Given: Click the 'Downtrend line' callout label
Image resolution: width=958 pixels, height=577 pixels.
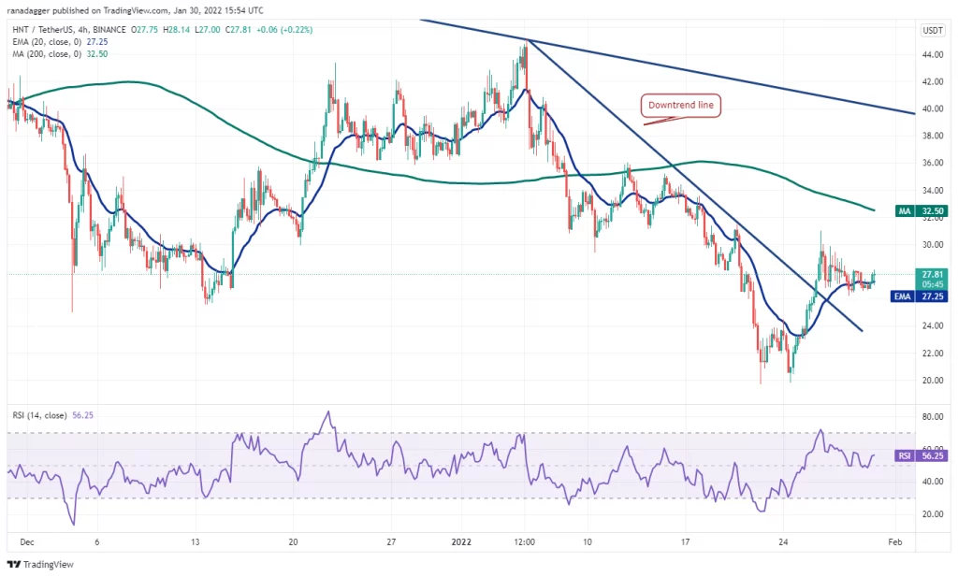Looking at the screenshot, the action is pos(681,105).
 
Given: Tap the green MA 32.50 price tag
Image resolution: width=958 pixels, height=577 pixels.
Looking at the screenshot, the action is pos(922,211).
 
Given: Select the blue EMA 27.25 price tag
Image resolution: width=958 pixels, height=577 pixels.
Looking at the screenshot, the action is pos(921,296).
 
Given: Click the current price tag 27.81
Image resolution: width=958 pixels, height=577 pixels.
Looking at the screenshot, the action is pos(933,275).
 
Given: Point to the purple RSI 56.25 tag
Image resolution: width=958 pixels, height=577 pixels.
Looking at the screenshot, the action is pos(922,455).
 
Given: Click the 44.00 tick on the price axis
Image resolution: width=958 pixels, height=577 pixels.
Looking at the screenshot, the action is pos(933,54).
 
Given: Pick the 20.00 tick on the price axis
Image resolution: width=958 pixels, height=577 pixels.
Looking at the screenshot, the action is pos(933,381).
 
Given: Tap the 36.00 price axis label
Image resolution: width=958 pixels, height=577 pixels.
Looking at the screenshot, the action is pos(933,163).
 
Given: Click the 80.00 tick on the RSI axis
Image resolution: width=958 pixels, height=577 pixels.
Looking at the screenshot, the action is pos(933,417).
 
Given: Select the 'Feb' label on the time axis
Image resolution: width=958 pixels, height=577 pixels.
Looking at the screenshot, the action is pos(895,542).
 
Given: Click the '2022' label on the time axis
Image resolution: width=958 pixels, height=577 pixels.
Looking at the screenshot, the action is pos(461,542).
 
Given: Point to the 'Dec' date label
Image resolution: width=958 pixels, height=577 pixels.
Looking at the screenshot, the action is pos(27,542).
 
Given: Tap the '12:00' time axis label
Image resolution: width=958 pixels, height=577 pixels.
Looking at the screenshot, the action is pos(524,542).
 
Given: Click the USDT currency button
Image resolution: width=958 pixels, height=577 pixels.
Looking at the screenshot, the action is pos(933,31).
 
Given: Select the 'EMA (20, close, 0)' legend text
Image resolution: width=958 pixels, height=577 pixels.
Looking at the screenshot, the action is pos(47,41).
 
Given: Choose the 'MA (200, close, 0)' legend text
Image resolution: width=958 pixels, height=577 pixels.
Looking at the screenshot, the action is pos(47,53).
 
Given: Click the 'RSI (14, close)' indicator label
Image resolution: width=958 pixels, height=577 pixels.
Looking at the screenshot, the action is pos(39,415).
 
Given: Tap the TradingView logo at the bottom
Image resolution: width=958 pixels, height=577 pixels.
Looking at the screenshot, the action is pos(40,564).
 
